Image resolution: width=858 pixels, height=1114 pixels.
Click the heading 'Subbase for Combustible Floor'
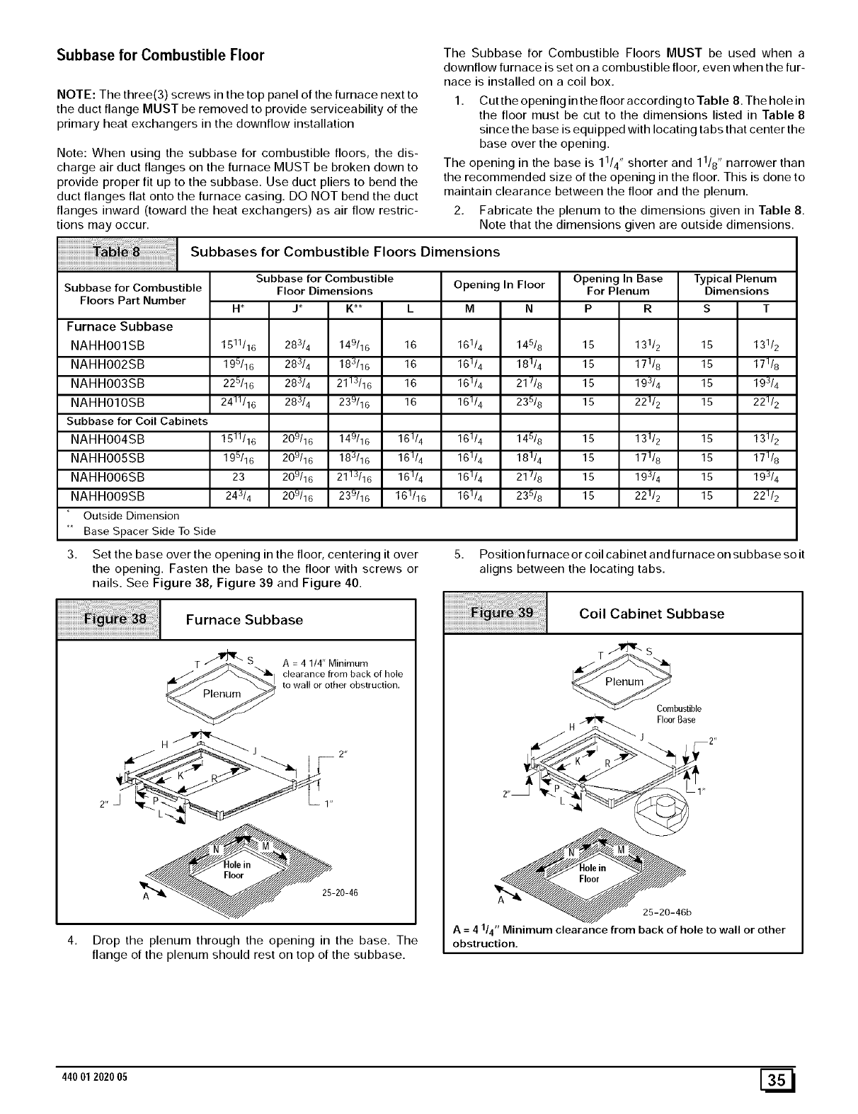(160, 55)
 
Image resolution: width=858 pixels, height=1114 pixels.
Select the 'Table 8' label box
(117, 253)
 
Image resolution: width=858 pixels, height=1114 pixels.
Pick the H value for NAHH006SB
(239, 476)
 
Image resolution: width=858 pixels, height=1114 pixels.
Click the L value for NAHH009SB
(411, 495)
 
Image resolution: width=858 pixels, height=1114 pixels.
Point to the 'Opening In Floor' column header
(499, 285)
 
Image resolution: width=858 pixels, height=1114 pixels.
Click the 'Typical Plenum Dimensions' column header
(736, 285)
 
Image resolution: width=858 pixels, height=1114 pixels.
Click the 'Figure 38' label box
(109, 620)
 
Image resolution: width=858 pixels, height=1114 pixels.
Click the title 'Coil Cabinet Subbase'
(651, 614)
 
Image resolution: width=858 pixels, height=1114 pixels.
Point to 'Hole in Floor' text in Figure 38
(234, 870)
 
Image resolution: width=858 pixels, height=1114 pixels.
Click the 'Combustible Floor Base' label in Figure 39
(677, 714)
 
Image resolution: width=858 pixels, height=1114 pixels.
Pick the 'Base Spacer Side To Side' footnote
(149, 531)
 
